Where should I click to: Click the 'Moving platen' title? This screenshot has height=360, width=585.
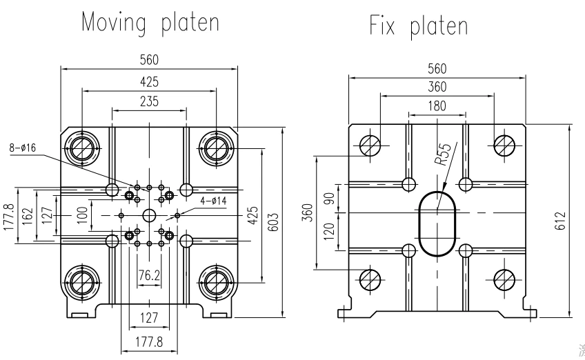click(150, 23)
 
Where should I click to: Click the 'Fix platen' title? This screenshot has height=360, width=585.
click(419, 26)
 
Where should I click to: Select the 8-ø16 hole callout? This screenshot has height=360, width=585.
click(23, 148)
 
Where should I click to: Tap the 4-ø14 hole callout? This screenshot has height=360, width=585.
click(213, 201)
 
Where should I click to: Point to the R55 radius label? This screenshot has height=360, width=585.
click(444, 154)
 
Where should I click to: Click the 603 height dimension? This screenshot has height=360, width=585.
click(273, 222)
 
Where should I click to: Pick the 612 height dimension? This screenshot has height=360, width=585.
click(560, 221)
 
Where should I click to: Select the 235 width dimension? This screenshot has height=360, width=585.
click(149, 101)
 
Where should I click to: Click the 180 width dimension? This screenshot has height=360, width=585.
click(437, 106)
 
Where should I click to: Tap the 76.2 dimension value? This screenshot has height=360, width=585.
click(149, 275)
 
